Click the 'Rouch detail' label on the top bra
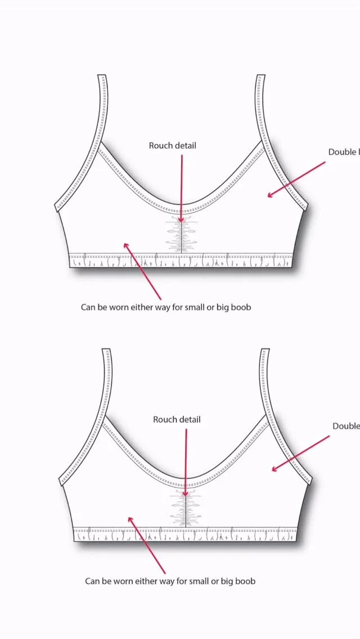pyautogui.click(x=173, y=146)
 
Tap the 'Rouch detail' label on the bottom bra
pyautogui.click(x=177, y=420)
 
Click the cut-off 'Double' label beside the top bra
pyautogui.click(x=343, y=152)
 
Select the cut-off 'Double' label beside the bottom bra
pyautogui.click(x=345, y=426)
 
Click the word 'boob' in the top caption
pyautogui.click(x=241, y=308)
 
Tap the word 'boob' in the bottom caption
pyautogui.click(x=245, y=581)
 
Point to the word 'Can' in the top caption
pyautogui.click(x=88, y=308)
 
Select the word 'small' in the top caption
pyautogui.click(x=190, y=308)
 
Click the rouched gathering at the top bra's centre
pyautogui.click(x=181, y=235)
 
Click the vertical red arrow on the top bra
pyautogui.click(x=181, y=186)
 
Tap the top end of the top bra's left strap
pyautogui.click(x=102, y=78)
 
